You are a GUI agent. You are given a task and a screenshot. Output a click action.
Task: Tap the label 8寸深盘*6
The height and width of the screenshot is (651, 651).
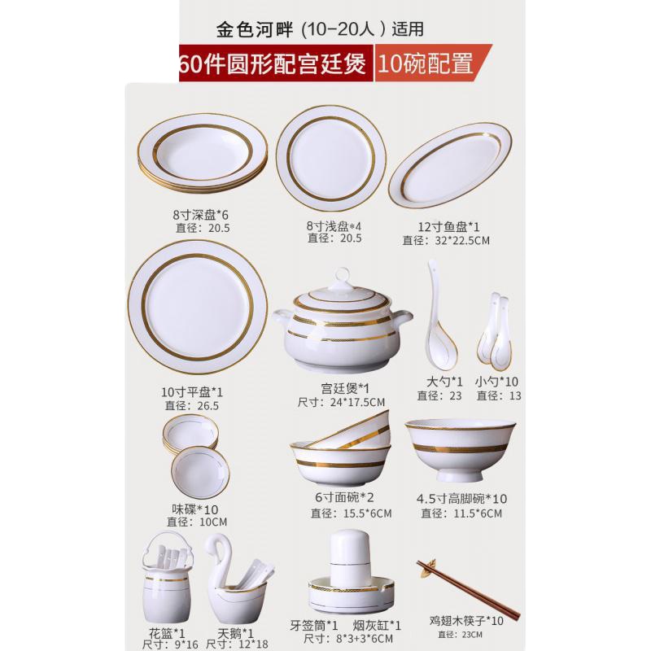click(x=201, y=215)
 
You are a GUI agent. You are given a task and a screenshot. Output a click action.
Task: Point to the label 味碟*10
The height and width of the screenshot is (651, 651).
click(x=189, y=509)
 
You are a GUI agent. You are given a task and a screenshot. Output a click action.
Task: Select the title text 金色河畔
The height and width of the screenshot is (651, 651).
click(x=252, y=28)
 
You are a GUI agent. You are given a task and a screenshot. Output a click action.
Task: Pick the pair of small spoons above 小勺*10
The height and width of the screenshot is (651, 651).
click(x=496, y=334)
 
